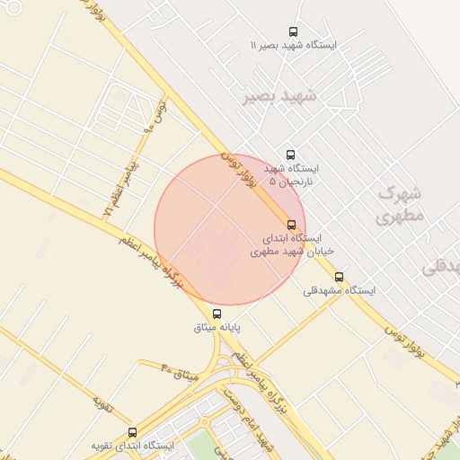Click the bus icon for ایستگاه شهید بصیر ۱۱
(294, 31)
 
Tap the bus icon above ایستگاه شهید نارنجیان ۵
(289, 155)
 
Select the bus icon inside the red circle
(290, 225)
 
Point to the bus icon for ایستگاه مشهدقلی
(339, 277)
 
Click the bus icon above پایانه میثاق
(217, 314)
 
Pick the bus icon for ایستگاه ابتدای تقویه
(133, 432)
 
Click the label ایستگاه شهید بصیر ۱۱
(294, 44)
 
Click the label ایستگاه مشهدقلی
(339, 290)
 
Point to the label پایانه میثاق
(217, 327)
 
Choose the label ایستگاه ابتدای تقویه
(132, 446)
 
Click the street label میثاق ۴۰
(178, 370)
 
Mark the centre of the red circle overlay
(230, 229)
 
